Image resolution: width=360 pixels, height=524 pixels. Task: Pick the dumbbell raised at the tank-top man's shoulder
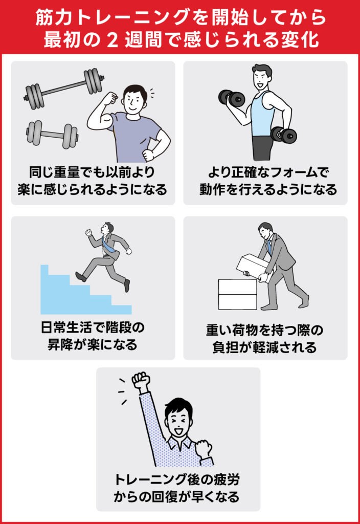pyautogui.click(x=232, y=97)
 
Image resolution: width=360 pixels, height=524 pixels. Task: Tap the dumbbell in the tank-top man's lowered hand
pyautogui.click(x=284, y=135)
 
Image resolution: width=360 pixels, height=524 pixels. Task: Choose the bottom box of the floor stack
pyautogui.click(x=237, y=302)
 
